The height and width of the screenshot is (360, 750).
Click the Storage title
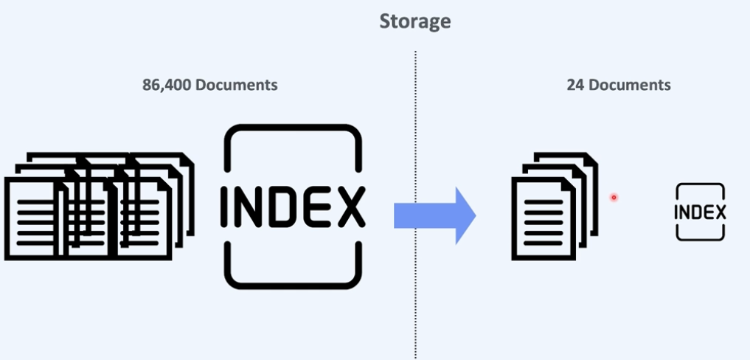[x=414, y=21]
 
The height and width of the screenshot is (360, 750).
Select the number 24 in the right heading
[x=574, y=85]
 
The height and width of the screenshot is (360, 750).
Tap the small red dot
[x=614, y=197]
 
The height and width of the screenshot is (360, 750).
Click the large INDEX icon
[x=293, y=206]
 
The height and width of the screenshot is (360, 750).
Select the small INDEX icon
[x=700, y=212]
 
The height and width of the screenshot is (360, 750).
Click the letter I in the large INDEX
[x=226, y=207]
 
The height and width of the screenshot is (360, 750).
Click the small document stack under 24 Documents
[x=553, y=206]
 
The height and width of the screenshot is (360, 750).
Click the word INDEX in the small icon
[x=700, y=212]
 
